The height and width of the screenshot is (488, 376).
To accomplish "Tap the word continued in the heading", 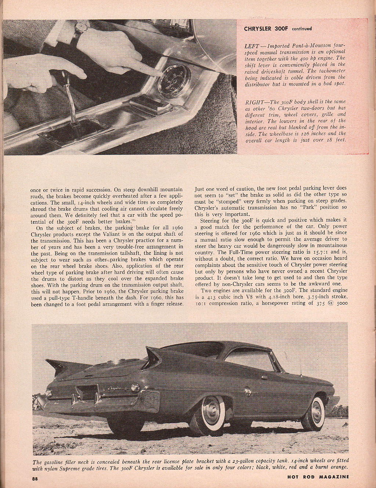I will [302, 29].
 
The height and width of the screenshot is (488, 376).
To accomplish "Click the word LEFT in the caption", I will [252, 46].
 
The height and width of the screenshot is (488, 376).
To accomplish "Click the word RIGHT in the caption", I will [254, 101].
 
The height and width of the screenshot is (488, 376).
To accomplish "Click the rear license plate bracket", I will [86, 393].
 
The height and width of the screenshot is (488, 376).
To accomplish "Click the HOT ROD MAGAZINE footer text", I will [318, 477].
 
